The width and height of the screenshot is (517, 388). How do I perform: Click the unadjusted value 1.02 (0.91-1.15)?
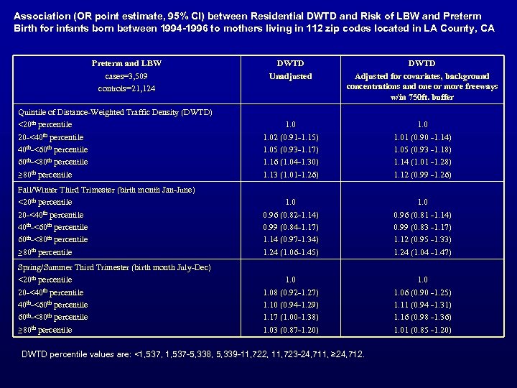click(292, 137)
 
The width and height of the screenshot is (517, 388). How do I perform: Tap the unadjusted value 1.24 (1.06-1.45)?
click(292, 252)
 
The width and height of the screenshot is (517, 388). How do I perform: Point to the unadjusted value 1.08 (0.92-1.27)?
click(292, 292)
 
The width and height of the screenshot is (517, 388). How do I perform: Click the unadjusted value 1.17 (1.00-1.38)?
click(292, 317)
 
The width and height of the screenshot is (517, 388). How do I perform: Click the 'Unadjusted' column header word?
click(292, 75)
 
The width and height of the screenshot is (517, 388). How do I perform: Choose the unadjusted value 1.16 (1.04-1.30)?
click(292, 162)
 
